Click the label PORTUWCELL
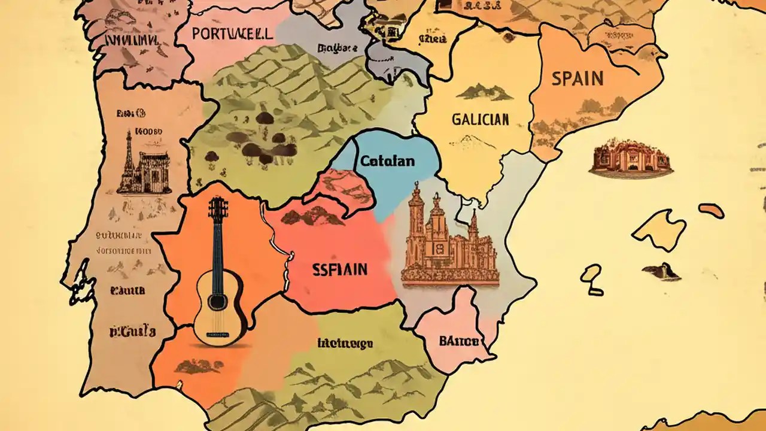coord(232,33)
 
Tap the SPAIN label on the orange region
coord(577,78)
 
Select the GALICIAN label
coord(480,119)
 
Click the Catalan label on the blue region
coord(387,161)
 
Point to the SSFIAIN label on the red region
coord(340,269)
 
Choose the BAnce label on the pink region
coord(459,341)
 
